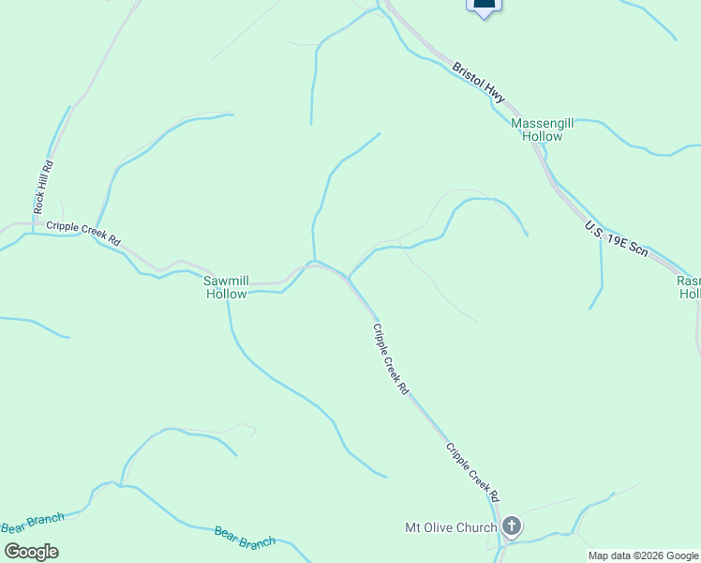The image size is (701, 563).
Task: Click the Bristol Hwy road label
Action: tap(479, 83)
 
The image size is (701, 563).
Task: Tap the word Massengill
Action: tap(543, 123)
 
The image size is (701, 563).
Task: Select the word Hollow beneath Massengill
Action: tap(543, 137)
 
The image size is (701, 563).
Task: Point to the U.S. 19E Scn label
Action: tap(616, 239)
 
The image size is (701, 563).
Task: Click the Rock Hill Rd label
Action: tap(44, 187)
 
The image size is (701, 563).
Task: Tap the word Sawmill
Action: tap(227, 281)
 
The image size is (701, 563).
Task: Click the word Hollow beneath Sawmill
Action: tap(227, 294)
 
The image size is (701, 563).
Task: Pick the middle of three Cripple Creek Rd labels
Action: tap(391, 358)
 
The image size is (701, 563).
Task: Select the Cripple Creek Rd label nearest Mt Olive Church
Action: tap(471, 471)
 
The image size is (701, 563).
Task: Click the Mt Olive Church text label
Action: tap(450, 527)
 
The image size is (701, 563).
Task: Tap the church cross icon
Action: tap(512, 526)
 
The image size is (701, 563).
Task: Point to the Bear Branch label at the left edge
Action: tap(32, 524)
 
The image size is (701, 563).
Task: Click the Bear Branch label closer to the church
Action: tap(245, 538)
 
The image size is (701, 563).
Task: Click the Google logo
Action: tap(31, 551)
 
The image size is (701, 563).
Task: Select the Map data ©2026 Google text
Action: tap(643, 555)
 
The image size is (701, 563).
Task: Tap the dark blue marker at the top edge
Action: tap(484, 5)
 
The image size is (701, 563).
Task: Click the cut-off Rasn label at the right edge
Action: tap(689, 281)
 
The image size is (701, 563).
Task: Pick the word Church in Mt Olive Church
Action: tap(476, 527)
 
